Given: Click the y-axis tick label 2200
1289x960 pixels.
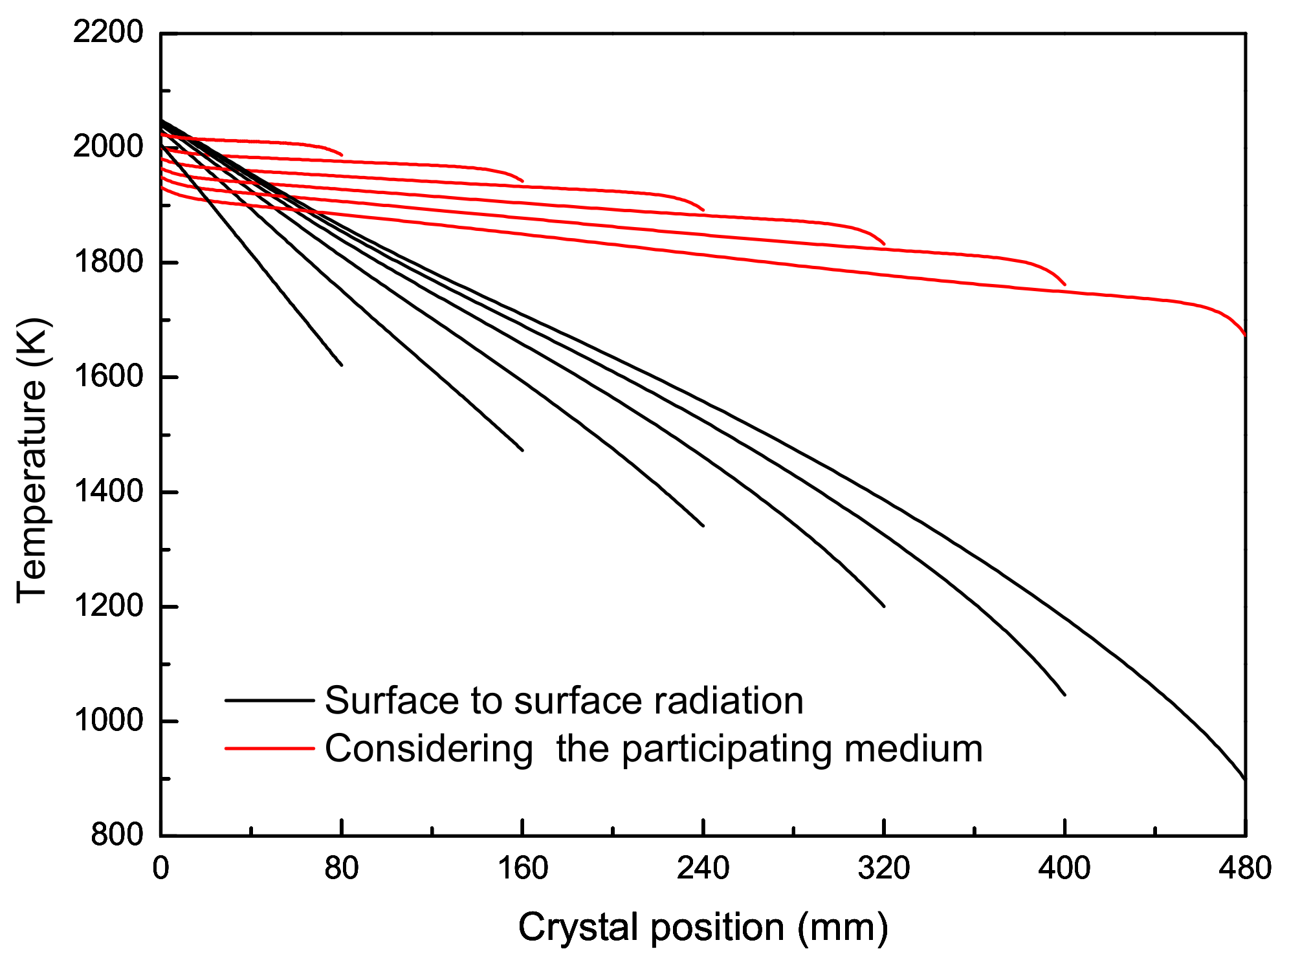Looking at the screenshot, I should [107, 32].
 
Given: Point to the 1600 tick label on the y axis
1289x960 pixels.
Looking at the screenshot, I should [107, 376].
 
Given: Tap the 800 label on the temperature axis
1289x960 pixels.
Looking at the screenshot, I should [116, 835].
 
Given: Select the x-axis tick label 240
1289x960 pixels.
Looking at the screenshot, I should [703, 868].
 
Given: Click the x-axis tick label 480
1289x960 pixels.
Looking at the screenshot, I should [1245, 868].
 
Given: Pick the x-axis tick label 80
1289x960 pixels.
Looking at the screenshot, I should [342, 868].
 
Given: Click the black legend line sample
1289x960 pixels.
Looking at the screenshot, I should [269, 701].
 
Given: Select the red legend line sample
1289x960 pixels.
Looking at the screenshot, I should [269, 749].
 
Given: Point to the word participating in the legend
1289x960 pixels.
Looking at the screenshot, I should [727, 749].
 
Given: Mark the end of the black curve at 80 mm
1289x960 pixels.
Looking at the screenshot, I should [342, 365].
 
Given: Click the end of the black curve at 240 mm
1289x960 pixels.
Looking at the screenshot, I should [703, 526].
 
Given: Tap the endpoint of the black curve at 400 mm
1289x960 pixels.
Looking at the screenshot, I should [1064, 695].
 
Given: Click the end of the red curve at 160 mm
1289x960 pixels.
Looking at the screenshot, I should [523, 182].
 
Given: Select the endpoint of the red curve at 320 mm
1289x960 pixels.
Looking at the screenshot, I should [884, 245].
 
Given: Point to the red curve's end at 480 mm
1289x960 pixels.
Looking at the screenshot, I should [1245, 334].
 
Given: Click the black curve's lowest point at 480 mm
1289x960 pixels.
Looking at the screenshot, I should [1244, 779].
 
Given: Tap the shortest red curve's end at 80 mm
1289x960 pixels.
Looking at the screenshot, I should [342, 155].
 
